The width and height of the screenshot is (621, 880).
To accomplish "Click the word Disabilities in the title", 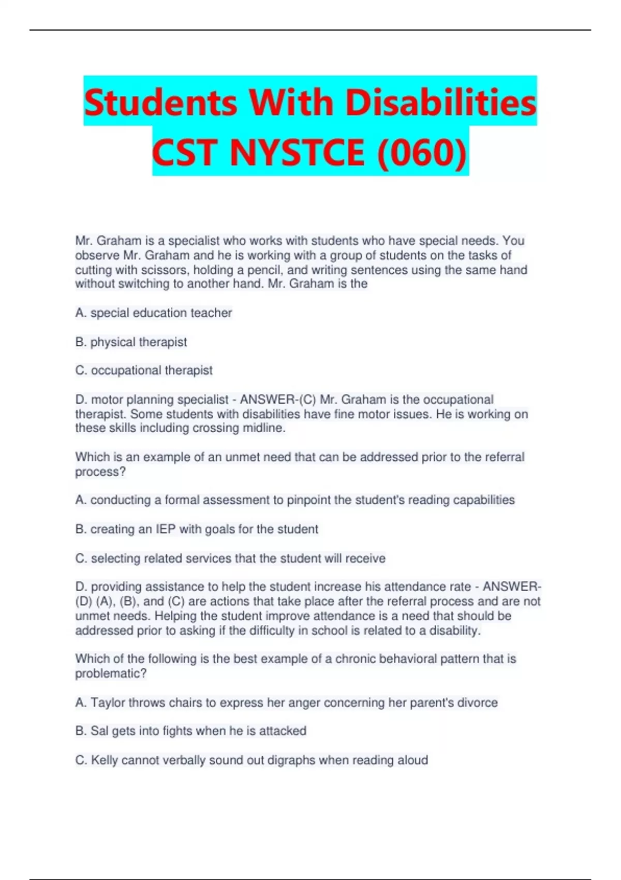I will coord(441,102).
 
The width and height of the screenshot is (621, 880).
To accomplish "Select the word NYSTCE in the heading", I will coord(297,153).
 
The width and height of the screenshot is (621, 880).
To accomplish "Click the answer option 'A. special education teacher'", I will coord(154,313).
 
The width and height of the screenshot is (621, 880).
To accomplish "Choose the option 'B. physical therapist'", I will coord(131,342).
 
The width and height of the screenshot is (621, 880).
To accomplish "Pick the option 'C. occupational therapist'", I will coord(144,370).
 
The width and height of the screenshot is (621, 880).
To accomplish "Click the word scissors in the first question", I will coord(166,270).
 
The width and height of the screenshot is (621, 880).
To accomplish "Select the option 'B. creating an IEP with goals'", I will coord(197,529).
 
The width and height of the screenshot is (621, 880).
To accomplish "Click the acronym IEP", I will coord(166,529).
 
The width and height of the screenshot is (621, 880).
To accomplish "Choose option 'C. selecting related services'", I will coord(230,558).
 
